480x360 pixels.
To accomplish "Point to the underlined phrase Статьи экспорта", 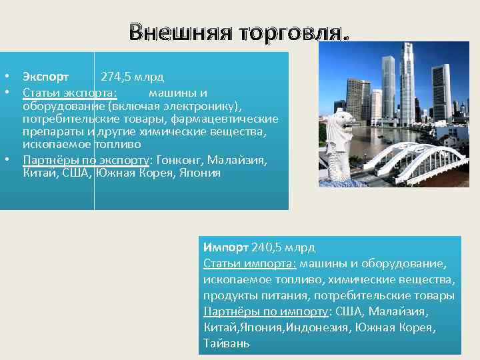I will point(71,93).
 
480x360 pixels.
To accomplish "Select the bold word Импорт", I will point(226,247).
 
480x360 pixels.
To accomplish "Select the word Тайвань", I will point(227,343).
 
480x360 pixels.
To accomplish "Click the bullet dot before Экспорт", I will point(5,77).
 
